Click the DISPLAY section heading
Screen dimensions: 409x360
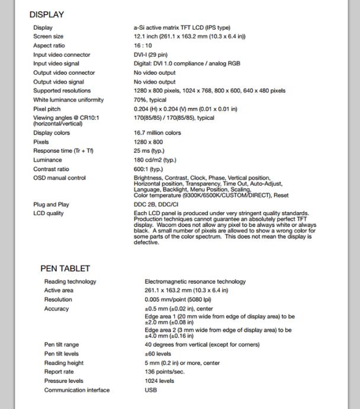coord(46,14)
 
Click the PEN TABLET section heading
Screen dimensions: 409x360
coord(65,269)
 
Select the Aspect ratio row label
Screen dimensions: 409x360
coord(49,46)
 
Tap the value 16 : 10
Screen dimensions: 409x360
coord(143,46)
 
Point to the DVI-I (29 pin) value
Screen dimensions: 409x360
coord(150,55)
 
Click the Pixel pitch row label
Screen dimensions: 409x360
coord(47,109)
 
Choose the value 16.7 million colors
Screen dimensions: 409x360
coord(157,133)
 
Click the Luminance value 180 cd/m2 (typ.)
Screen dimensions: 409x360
coord(155,160)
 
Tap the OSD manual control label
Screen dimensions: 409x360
coord(59,178)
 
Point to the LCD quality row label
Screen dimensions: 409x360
coord(49,213)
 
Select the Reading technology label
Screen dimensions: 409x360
coord(70,282)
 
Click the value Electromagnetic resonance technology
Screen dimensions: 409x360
coord(195,282)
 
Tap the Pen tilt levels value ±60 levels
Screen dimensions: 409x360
coord(157,354)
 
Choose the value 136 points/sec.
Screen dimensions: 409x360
coord(165,372)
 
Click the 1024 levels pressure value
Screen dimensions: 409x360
coord(159,381)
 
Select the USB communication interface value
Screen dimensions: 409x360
coord(150,390)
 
